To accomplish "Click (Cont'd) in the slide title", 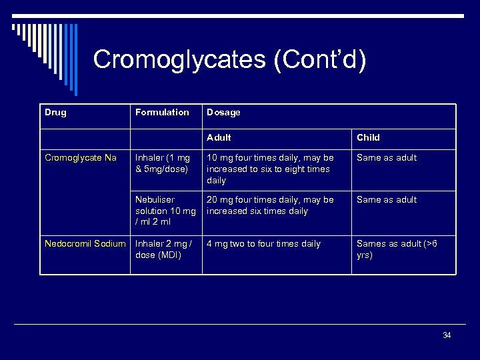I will click(319, 59).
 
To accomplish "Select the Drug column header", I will click(55, 112).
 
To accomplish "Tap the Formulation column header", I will click(162, 112).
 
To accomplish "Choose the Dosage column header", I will click(223, 112).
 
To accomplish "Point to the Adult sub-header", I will click(219, 137).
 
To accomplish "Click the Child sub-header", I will click(368, 137).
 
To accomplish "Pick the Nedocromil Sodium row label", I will click(85, 243).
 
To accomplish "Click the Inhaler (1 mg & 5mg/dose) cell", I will click(163, 163).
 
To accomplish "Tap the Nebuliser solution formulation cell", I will click(165, 211).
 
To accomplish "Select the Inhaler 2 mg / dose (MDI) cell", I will click(163, 249).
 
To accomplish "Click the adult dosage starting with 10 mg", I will click(270, 169).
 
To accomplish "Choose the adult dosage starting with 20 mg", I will click(270, 205).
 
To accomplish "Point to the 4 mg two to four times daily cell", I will click(263, 243).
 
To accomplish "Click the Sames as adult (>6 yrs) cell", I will click(397, 249).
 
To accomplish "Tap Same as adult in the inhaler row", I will click(387, 157).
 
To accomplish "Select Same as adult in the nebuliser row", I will click(387, 199).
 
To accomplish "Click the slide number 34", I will click(447, 335).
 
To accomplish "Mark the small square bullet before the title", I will click(14, 27).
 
